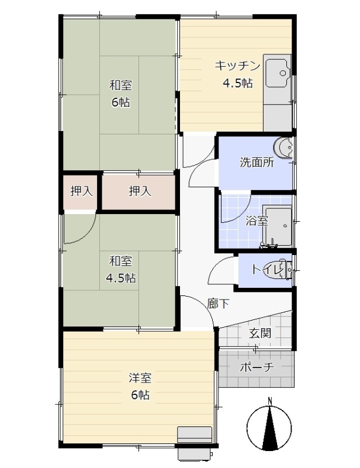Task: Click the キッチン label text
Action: (238, 66)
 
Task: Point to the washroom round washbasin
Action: (283, 147)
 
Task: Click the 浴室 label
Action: (257, 221)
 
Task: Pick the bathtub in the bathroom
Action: (277, 226)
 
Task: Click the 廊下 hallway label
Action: (218, 304)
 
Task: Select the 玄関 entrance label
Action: (260, 333)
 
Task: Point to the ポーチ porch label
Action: (257, 367)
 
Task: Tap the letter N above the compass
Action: (269, 400)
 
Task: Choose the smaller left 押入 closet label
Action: (81, 191)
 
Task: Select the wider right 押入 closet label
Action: (140, 191)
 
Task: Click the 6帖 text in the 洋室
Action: (140, 395)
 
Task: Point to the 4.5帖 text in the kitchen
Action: (238, 83)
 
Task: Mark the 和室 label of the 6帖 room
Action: (120, 85)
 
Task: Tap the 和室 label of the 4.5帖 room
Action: (120, 261)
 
